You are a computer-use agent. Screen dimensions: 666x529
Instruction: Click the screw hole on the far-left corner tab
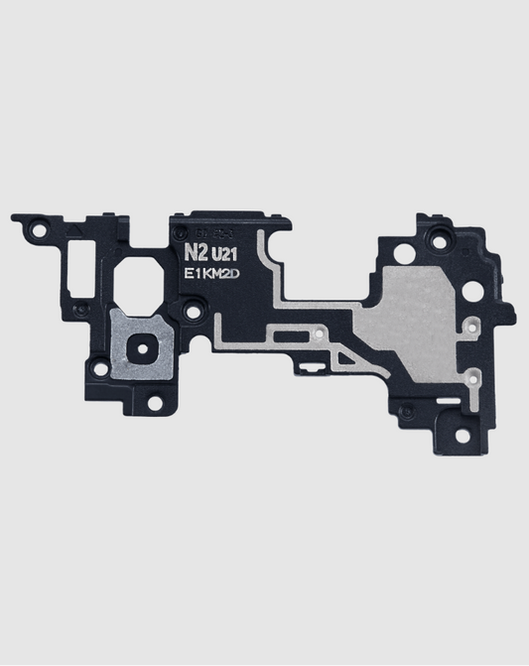click(38, 229)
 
